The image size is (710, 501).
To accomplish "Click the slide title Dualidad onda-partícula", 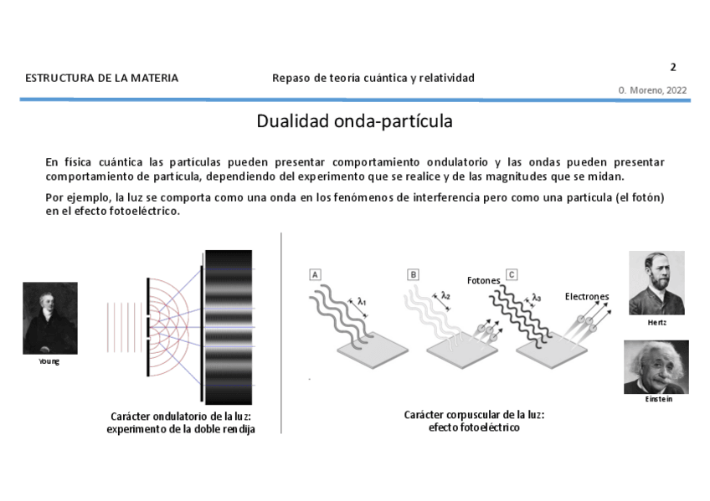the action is pyautogui.click(x=354, y=121).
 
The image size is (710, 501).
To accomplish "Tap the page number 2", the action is pyautogui.click(x=672, y=68).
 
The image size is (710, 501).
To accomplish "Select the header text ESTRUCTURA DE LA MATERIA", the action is pyautogui.click(x=102, y=78).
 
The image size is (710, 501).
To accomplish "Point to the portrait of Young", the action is pyautogui.click(x=50, y=318).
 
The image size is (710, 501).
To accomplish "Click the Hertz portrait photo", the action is pyautogui.click(x=656, y=283).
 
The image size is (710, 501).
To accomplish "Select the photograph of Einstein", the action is pyautogui.click(x=656, y=366).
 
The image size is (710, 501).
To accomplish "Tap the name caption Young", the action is pyautogui.click(x=49, y=361).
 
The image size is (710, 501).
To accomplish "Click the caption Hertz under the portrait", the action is pyautogui.click(x=657, y=322).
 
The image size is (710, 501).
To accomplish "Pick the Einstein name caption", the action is pyautogui.click(x=658, y=399).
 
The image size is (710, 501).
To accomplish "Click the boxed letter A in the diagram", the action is pyautogui.click(x=315, y=274).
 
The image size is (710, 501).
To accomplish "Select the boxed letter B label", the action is pyautogui.click(x=413, y=274).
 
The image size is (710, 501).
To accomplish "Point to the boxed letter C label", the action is pyautogui.click(x=511, y=274).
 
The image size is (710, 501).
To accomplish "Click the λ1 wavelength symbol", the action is pyautogui.click(x=362, y=301).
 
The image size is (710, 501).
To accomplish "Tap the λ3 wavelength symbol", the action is pyautogui.click(x=536, y=297).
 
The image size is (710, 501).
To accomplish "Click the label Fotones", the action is pyautogui.click(x=483, y=280).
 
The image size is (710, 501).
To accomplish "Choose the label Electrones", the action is pyautogui.click(x=586, y=296).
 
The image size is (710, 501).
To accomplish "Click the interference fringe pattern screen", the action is pyautogui.click(x=227, y=326).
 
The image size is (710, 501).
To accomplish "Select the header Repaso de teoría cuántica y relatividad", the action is pyautogui.click(x=373, y=78).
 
